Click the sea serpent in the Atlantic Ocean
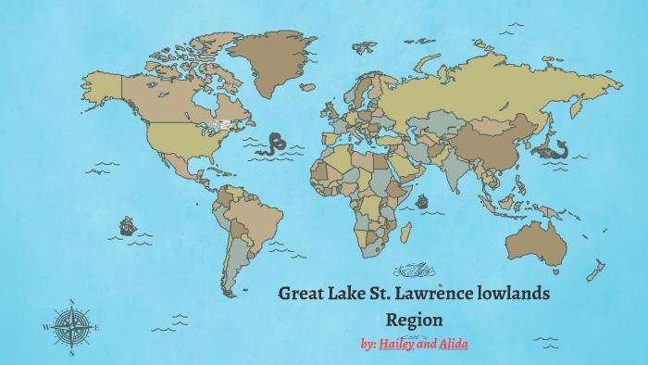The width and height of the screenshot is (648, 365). click(x=274, y=144)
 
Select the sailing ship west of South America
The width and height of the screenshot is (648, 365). click(x=127, y=225)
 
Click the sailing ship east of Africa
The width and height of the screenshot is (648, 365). click(x=422, y=201)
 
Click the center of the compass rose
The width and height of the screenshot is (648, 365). click(x=71, y=327)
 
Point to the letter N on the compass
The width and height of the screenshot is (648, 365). click(x=71, y=302)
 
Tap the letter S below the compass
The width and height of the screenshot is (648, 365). click(x=71, y=353)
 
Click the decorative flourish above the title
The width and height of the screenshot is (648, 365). click(x=415, y=271)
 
